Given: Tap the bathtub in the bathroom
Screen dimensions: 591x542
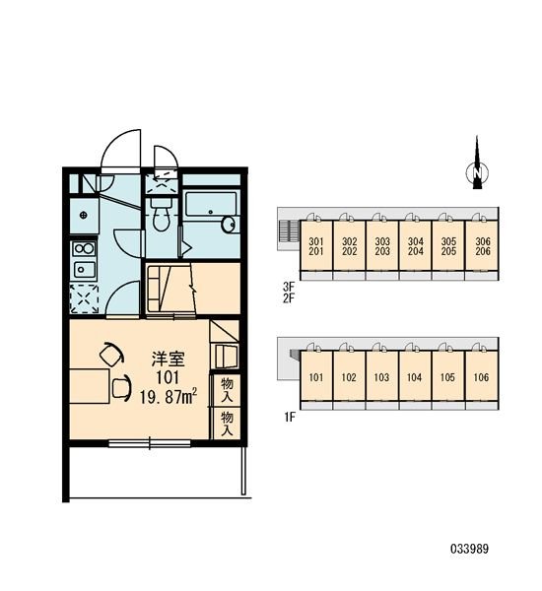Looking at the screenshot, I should (211, 205).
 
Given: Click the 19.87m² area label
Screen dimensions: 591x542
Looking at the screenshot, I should (163, 397).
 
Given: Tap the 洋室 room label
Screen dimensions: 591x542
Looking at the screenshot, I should (164, 360).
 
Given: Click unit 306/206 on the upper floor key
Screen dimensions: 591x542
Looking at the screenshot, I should (482, 246).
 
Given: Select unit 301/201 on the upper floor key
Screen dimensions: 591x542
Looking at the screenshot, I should (316, 246).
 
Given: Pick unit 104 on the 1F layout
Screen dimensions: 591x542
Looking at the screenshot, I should (415, 377).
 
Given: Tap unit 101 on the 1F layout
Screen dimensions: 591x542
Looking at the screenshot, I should (316, 377).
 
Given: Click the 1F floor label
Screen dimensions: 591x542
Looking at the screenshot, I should (290, 417).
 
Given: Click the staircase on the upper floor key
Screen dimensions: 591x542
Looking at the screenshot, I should (288, 230).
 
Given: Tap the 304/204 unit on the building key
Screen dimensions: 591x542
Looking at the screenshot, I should (415, 246).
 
